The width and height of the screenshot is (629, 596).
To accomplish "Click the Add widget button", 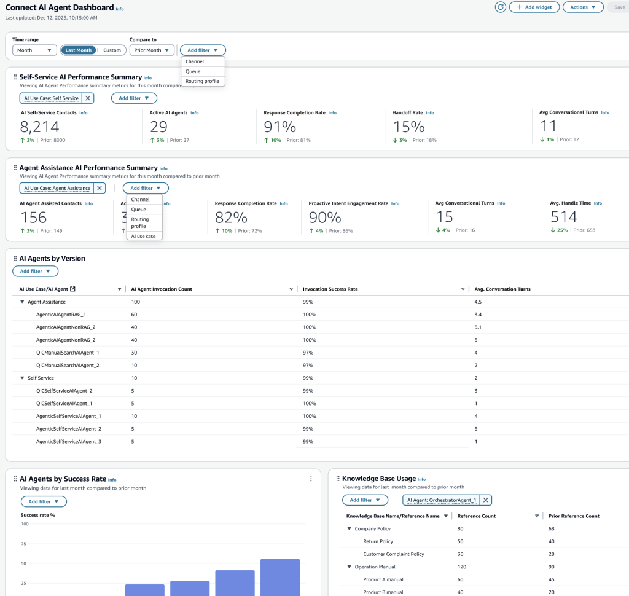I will pyautogui.click(x=534, y=7).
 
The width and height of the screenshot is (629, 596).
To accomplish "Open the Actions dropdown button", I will pyautogui.click(x=583, y=7).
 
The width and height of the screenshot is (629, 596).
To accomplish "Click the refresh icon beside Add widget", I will pyautogui.click(x=500, y=7).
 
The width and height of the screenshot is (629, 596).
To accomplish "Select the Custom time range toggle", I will pyautogui.click(x=112, y=50).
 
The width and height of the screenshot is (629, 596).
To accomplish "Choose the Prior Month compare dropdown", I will pyautogui.click(x=152, y=50).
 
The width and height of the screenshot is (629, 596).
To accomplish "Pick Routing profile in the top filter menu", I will pyautogui.click(x=202, y=81).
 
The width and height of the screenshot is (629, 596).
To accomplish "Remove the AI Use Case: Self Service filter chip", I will pyautogui.click(x=88, y=98).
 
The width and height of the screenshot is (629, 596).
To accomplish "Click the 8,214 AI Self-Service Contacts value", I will pyautogui.click(x=39, y=127).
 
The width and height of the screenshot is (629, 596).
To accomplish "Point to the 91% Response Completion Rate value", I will pyautogui.click(x=279, y=127).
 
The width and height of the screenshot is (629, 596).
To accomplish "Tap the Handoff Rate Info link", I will pyautogui.click(x=429, y=113).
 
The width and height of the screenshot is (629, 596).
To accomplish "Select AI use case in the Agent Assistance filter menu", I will pyautogui.click(x=143, y=236).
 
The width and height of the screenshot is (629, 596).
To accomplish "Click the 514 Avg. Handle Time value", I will pyautogui.click(x=564, y=217).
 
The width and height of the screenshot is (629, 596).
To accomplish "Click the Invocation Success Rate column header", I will pyautogui.click(x=330, y=289).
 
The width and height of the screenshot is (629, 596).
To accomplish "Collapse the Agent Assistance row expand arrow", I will pyautogui.click(x=22, y=302).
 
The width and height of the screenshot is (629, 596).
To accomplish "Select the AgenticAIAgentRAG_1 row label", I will pyautogui.click(x=61, y=315).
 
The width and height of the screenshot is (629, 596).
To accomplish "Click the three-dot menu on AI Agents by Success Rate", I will pyautogui.click(x=311, y=479).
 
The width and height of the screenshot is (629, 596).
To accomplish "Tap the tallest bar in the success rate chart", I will pyautogui.click(x=279, y=577).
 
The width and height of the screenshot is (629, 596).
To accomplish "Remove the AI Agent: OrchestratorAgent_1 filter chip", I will pyautogui.click(x=485, y=500).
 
